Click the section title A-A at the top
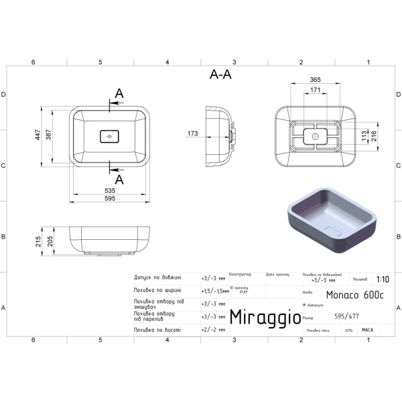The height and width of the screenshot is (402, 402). point(220,75)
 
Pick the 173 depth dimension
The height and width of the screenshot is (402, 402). point(193,134)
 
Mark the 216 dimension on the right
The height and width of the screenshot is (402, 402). point(375,136)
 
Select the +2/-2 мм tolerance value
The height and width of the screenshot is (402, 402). point(212,330)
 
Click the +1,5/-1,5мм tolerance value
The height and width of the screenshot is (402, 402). point(214,292)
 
